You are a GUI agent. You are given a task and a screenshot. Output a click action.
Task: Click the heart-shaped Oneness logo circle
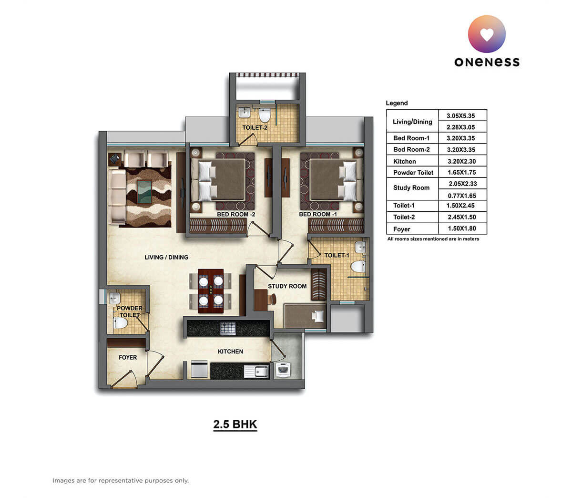tap(487, 34)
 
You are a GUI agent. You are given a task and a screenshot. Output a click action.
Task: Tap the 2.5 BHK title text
tap(235, 424)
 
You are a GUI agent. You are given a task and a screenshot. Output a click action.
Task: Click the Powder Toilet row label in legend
tap(413, 173)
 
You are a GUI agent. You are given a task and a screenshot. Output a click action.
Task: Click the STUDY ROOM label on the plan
tap(287, 286)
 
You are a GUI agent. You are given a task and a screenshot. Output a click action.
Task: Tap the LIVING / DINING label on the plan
tap(166, 257)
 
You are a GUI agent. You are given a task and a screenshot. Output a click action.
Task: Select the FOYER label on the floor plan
tap(128, 357)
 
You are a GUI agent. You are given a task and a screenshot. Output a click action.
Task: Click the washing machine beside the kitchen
tap(283, 370)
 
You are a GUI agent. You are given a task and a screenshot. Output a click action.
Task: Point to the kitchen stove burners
tap(227, 328)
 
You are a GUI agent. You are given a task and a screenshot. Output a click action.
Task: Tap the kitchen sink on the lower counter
tap(260, 371)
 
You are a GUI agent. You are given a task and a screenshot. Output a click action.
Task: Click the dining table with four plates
tap(211, 291)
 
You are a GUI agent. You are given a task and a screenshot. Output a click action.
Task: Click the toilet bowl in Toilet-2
tap(265, 116)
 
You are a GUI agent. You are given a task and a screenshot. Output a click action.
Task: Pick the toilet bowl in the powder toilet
tap(121, 324)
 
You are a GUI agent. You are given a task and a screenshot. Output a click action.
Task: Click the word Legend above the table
tap(397, 103)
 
